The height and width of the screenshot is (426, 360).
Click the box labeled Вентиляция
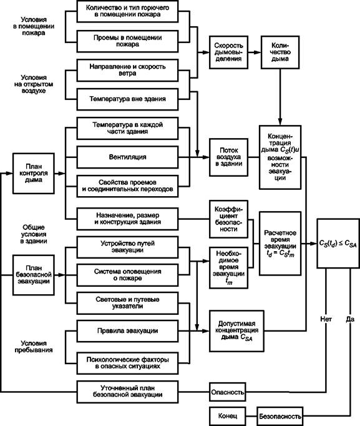click(x=127, y=157)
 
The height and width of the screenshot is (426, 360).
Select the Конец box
click(x=228, y=416)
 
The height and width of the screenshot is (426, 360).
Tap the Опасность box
click(x=228, y=392)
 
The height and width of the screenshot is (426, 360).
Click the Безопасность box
click(x=280, y=416)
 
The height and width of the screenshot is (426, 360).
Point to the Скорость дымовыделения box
click(x=228, y=52)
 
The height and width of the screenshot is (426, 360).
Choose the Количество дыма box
click(x=280, y=52)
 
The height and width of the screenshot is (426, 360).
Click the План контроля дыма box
click(x=34, y=173)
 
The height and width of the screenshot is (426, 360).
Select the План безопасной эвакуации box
click(x=34, y=275)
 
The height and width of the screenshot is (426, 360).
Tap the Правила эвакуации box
click(x=127, y=331)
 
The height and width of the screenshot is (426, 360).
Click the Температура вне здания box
click(x=127, y=99)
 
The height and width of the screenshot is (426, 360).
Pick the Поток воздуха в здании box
click(x=228, y=157)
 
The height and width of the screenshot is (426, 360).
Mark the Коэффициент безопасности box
click(x=228, y=219)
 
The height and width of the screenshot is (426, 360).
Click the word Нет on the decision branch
click(x=326, y=319)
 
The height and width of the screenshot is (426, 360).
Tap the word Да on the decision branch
click(x=350, y=319)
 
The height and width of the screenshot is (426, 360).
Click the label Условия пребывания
click(x=34, y=347)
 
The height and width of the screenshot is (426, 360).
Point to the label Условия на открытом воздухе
click(x=34, y=84)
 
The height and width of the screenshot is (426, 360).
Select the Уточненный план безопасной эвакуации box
click(x=127, y=392)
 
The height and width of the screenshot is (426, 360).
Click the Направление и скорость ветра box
click(x=127, y=70)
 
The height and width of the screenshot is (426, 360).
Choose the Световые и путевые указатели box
click(x=127, y=303)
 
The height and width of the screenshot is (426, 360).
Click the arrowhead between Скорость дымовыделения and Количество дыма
click(x=258, y=52)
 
